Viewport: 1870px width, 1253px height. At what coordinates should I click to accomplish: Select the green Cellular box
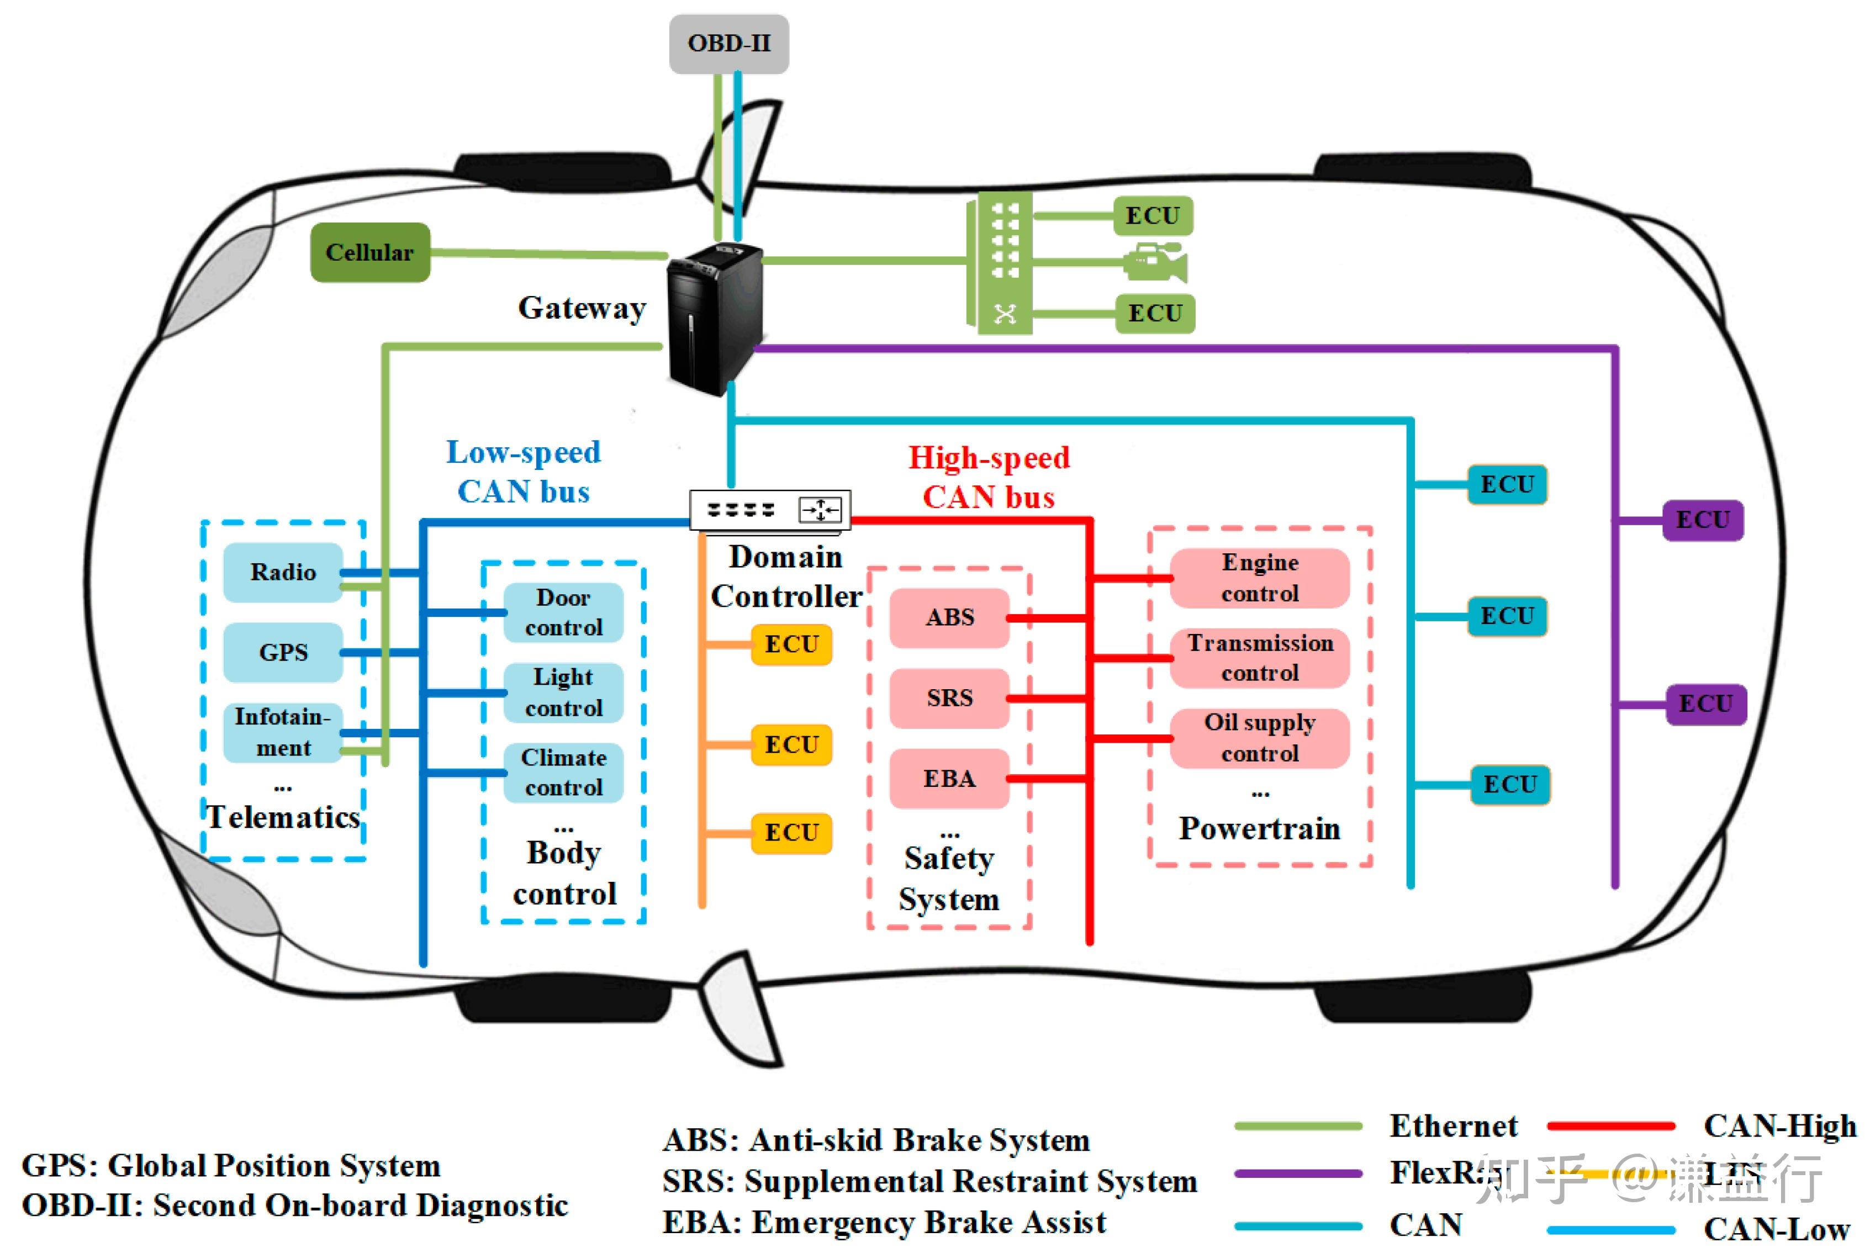click(369, 252)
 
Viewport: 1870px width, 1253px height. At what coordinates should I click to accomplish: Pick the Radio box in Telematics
click(283, 572)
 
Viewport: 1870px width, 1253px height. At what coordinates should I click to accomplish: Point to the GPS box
click(283, 652)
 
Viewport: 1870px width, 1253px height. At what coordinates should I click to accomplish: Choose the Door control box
click(563, 612)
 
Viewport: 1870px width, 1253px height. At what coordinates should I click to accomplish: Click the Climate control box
click(563, 773)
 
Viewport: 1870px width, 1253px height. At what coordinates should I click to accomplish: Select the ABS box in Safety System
click(949, 618)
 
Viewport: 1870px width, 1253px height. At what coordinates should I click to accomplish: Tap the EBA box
click(949, 778)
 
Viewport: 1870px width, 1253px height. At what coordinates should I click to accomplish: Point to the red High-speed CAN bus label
click(989, 477)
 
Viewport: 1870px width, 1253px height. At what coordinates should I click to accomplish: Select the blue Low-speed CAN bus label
click(524, 472)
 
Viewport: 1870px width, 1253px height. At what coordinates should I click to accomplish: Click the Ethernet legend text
click(1453, 1126)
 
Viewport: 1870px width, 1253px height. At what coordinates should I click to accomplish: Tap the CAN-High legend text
click(1779, 1126)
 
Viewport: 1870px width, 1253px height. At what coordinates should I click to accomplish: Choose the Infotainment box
click(283, 732)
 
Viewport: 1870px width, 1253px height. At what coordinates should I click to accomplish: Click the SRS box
click(949, 699)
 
